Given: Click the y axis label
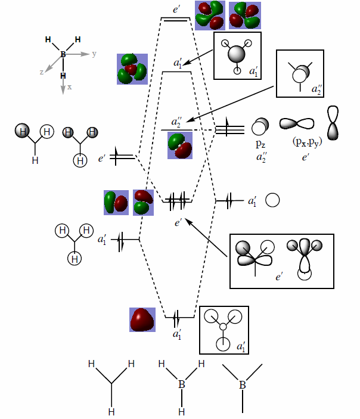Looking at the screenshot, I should click(94, 54).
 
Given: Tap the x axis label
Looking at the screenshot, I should click(70, 87).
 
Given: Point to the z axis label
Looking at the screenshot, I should click(42, 72).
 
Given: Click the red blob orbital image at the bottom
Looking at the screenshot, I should click(142, 319).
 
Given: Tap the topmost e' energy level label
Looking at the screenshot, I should click(176, 10).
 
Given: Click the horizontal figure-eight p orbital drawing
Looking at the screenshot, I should click(297, 123).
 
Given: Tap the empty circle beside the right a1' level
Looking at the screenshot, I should click(272, 201).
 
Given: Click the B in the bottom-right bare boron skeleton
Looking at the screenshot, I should click(243, 385).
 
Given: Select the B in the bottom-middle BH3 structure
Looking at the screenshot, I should click(181, 385).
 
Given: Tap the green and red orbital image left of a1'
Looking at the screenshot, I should click(132, 68).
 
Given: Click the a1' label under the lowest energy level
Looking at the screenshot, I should click(177, 335).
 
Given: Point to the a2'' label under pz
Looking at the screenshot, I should click(260, 157).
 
